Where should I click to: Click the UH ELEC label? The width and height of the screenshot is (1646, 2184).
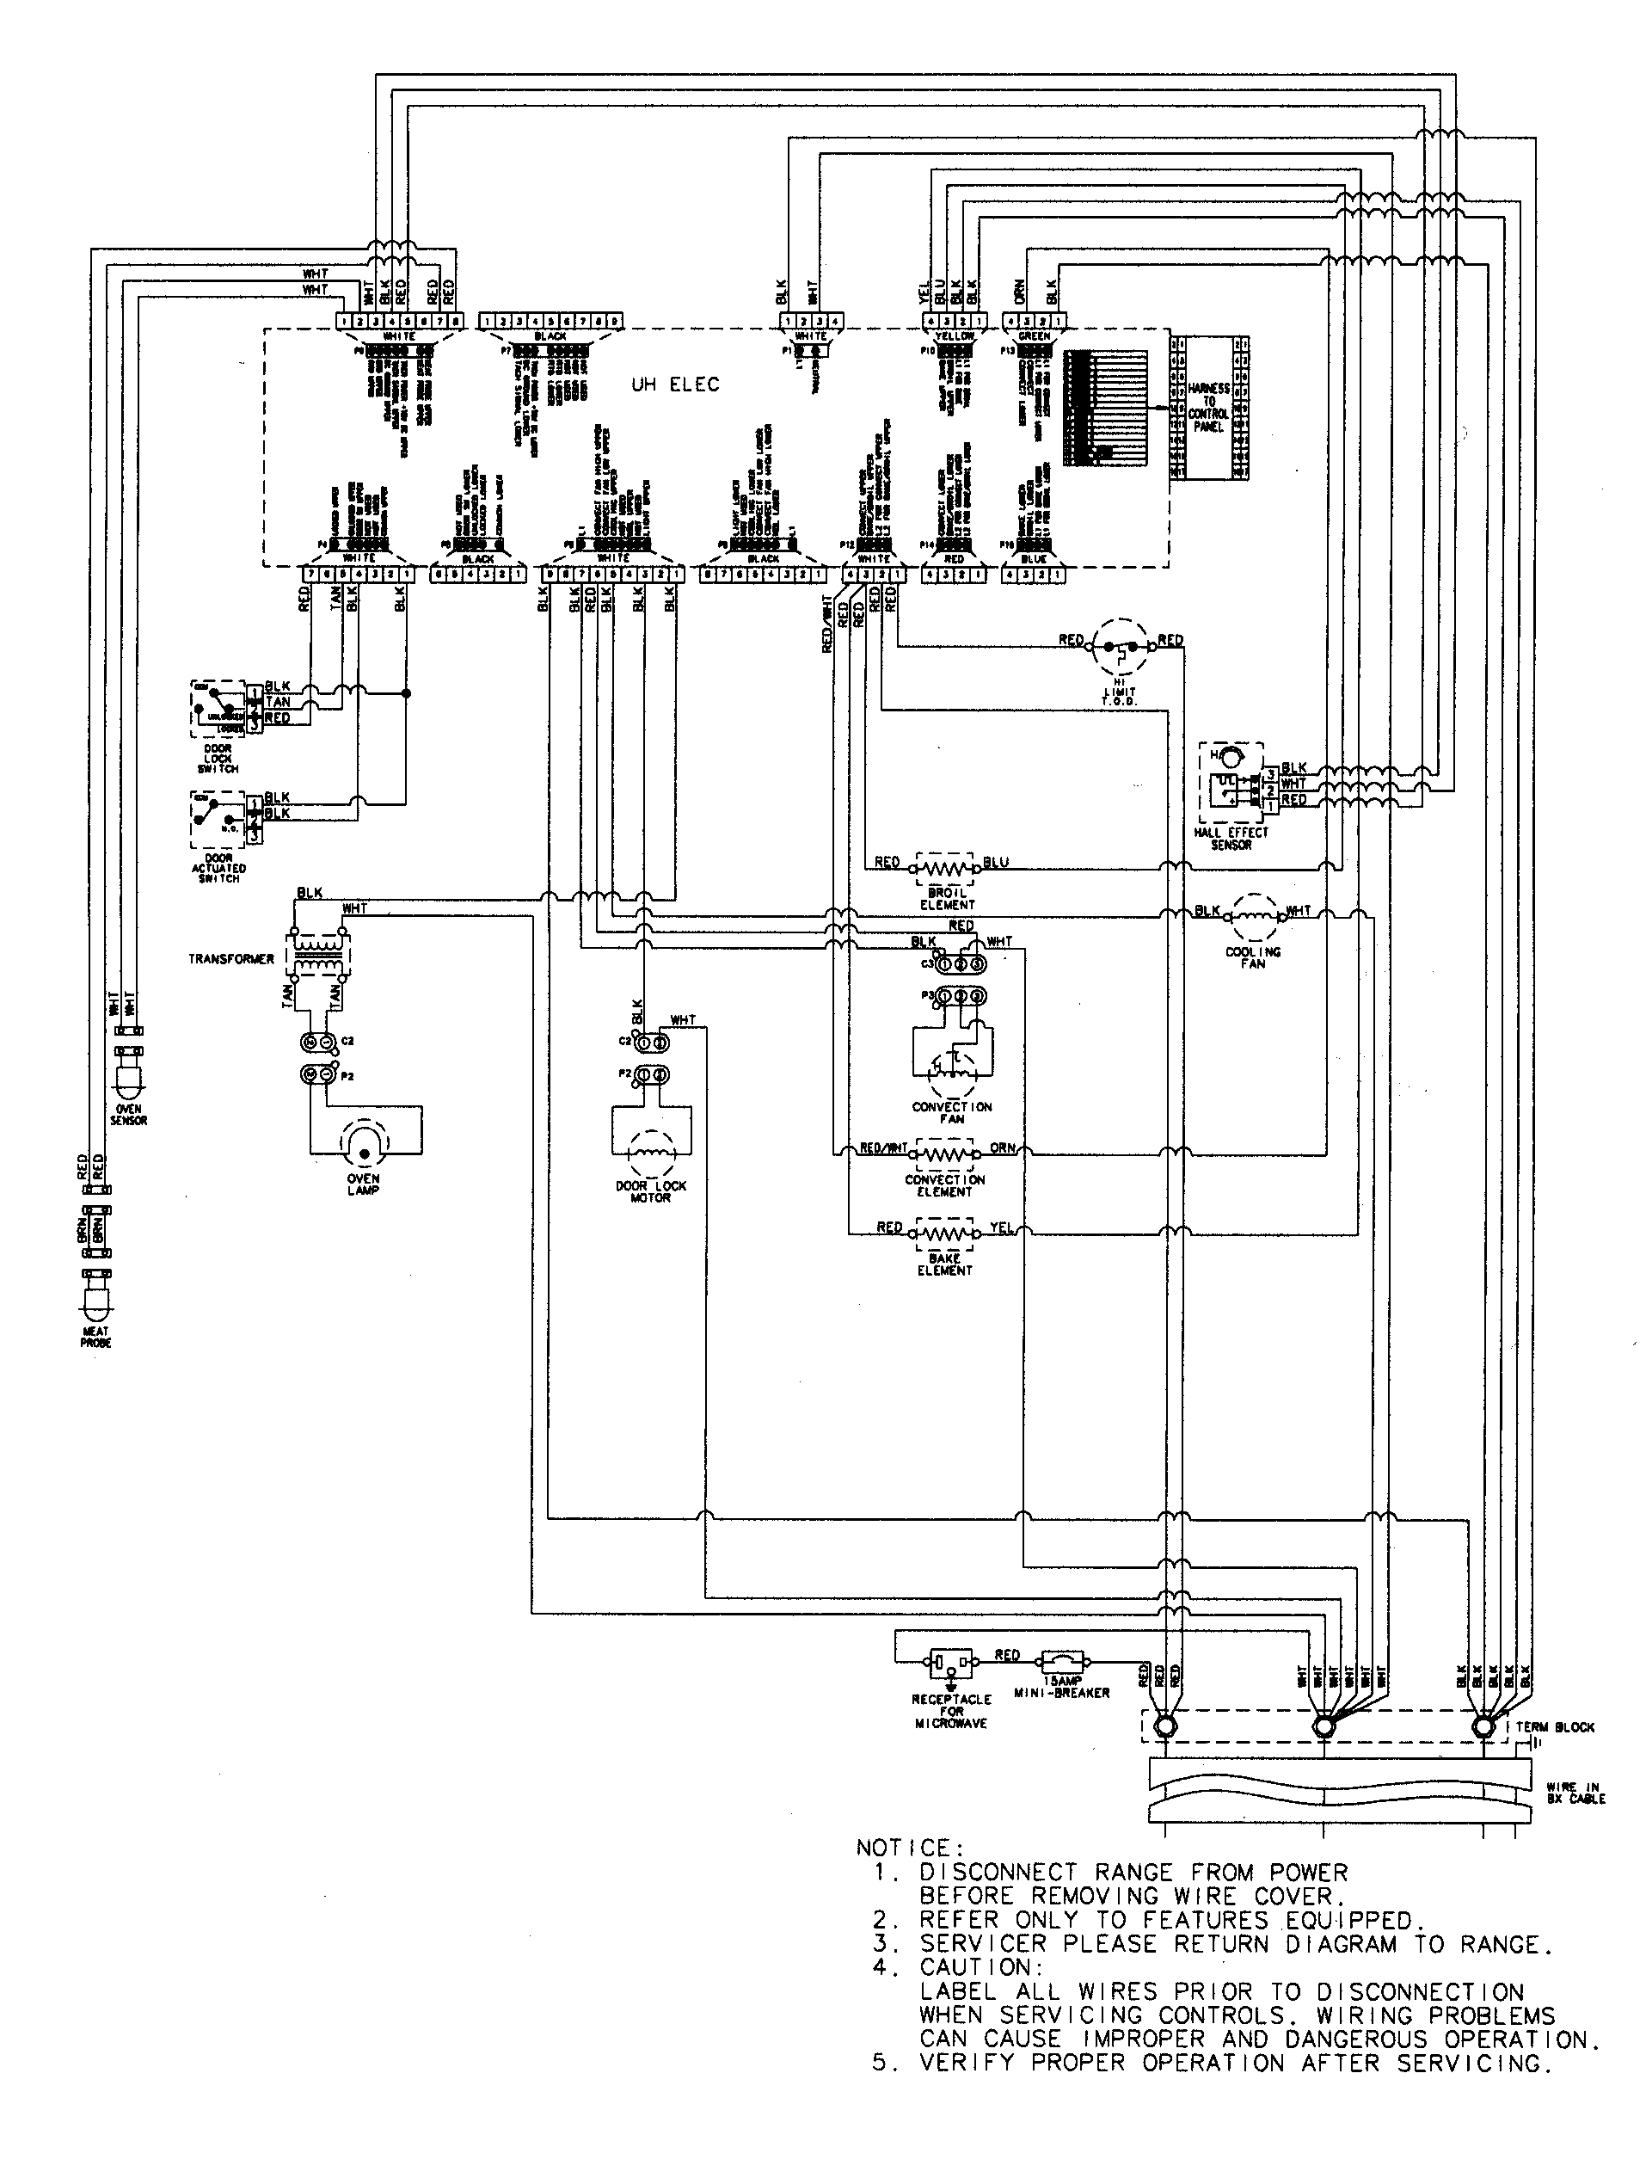[x=675, y=385]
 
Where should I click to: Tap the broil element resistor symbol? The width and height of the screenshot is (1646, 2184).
[x=945, y=869]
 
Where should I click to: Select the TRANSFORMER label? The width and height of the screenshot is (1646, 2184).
[x=231, y=959]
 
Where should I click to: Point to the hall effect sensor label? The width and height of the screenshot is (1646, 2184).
[x=1231, y=839]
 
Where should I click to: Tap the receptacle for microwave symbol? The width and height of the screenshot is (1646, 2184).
[x=951, y=1665]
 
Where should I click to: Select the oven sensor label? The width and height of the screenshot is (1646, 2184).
[x=128, y=1115]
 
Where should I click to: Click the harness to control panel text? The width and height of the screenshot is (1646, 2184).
[x=1207, y=409]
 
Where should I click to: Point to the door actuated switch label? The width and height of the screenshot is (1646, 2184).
[x=218, y=868]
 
